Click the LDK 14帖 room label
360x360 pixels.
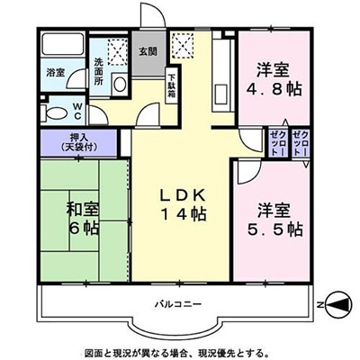(184, 205)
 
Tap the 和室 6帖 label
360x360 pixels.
(84, 219)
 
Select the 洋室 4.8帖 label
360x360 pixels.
(274, 80)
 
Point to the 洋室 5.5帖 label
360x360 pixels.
(274, 220)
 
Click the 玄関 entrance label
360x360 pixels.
(148, 51)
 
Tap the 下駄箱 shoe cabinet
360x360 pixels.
(172, 85)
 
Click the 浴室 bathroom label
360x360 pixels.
(56, 72)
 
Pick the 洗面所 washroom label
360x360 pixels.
(98, 72)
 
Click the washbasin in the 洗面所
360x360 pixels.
(120, 85)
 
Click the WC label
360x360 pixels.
(77, 111)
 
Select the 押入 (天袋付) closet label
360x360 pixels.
(79, 142)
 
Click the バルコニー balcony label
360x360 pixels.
(178, 305)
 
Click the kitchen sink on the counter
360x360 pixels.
(221, 94)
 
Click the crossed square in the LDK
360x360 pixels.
(183, 45)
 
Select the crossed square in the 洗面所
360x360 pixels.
(118, 52)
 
